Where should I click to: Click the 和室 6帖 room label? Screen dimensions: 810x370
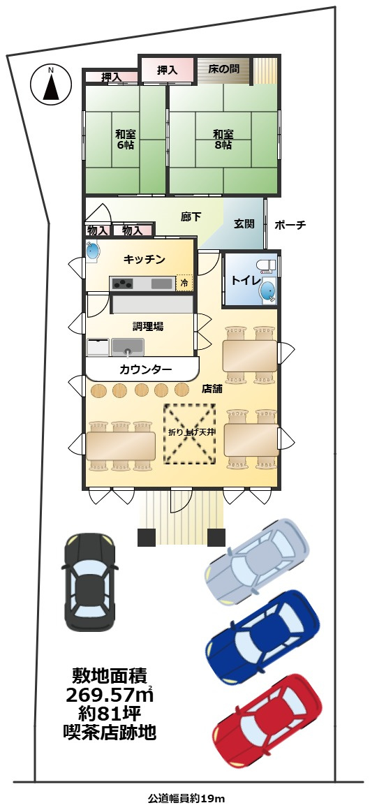coord(125,140)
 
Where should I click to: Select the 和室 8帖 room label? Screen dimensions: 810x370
coord(223,140)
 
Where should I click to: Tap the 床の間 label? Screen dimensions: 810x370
coord(223,69)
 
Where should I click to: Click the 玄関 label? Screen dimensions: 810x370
coord(244,224)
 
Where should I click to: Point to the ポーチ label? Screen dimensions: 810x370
coord(290,225)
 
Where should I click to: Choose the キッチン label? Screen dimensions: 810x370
coord(145,260)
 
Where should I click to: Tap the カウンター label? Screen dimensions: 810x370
coord(145,369)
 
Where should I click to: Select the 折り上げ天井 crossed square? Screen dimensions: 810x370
coord(190,433)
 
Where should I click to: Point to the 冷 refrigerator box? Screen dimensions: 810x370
coord(184,283)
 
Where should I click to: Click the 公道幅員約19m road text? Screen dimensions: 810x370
coord(185,797)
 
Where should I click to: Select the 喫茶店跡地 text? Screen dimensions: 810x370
coord(110,732)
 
